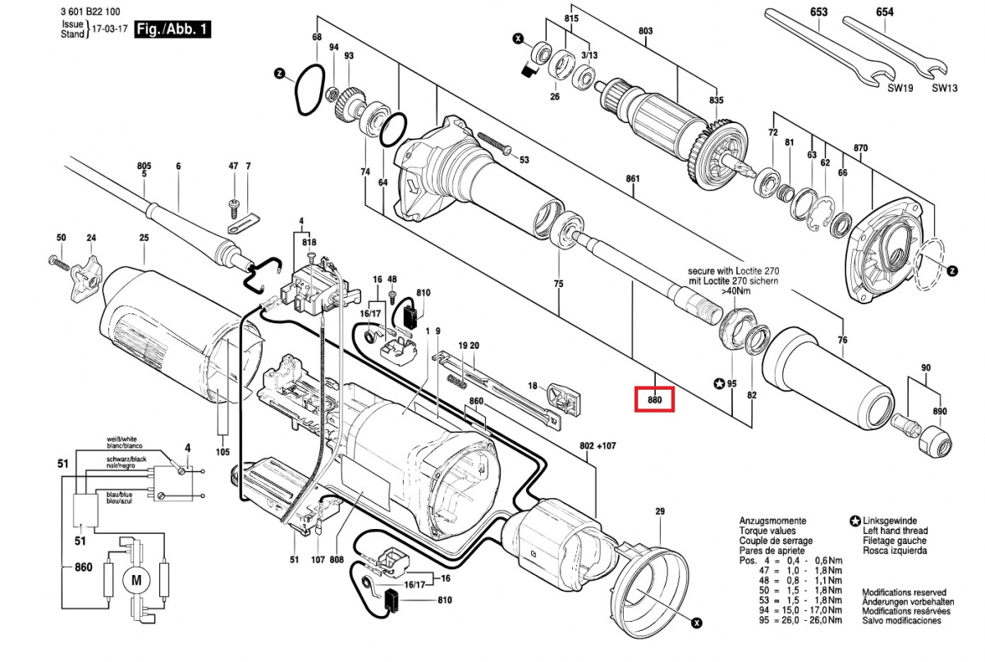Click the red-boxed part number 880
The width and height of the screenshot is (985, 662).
(x=655, y=399)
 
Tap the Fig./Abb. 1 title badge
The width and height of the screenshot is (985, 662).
(x=173, y=30)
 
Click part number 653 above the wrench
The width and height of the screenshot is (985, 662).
(x=818, y=12)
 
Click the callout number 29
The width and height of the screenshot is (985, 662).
(x=659, y=512)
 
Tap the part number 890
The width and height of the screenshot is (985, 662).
(x=939, y=411)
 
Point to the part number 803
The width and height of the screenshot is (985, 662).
(x=645, y=31)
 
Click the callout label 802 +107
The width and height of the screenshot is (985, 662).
(x=597, y=445)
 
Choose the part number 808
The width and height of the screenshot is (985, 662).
(x=337, y=560)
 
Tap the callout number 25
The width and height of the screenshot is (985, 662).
(x=144, y=238)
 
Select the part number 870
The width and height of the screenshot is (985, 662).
(x=860, y=148)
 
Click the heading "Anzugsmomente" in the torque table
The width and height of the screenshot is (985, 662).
(x=772, y=521)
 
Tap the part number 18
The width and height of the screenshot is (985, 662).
(x=532, y=386)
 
